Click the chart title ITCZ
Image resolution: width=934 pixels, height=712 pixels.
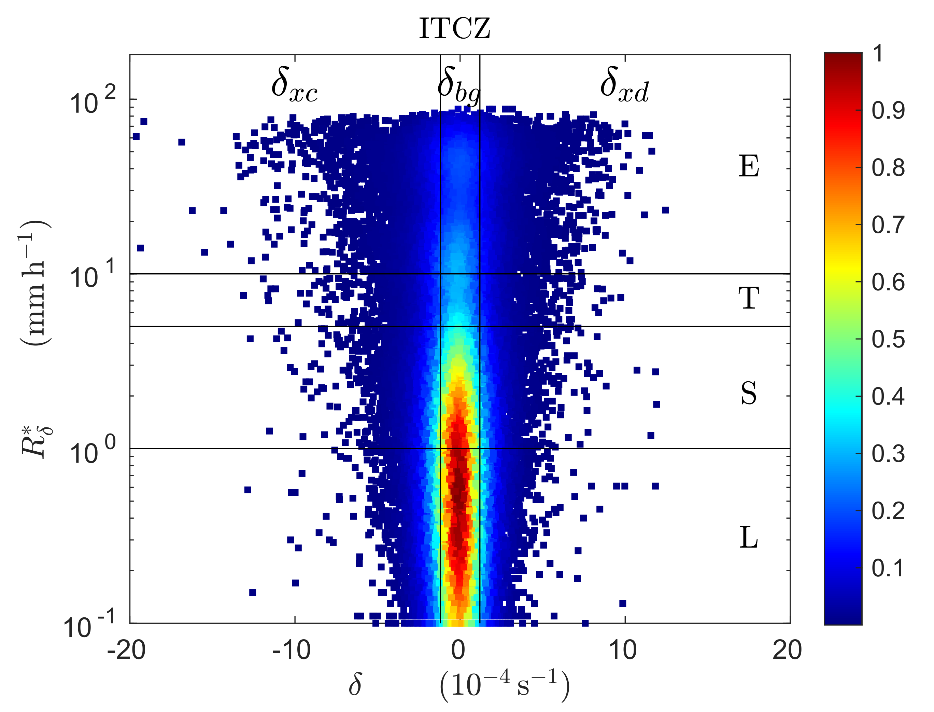click(x=454, y=28)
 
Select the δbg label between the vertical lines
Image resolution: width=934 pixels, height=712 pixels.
click(x=459, y=86)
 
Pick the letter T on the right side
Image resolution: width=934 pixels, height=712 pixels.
click(x=749, y=298)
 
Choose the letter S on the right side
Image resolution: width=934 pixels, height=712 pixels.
click(x=749, y=393)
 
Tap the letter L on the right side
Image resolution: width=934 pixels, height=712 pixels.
click(x=749, y=537)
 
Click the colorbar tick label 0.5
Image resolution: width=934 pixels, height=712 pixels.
click(x=888, y=340)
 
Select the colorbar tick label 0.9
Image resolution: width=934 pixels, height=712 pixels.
click(x=888, y=111)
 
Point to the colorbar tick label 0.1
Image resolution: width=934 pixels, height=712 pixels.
click(x=888, y=568)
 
